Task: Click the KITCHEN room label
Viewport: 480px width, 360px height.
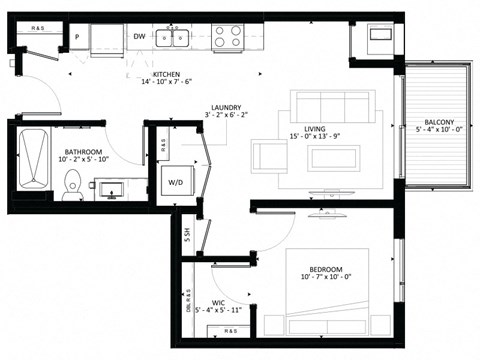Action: [166, 75]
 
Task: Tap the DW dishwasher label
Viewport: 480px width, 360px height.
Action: [140, 38]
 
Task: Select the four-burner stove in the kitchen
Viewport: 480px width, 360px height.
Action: [226, 38]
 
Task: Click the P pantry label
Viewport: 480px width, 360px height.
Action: [76, 38]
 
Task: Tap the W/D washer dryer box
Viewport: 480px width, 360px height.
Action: [176, 182]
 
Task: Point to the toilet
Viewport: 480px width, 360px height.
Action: [71, 185]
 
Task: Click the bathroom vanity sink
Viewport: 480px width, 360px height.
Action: [111, 186]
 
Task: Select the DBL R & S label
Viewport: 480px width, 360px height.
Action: [187, 299]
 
